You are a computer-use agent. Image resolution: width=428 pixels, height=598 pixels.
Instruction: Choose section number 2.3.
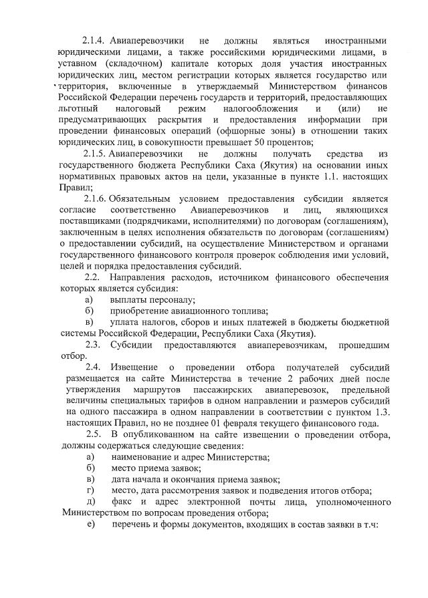pos(92,345)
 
